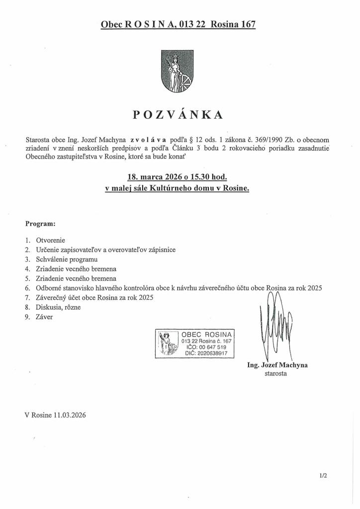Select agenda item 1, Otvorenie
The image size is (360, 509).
[51, 240]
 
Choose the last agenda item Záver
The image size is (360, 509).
[45, 317]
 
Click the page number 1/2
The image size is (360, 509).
[323, 475]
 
